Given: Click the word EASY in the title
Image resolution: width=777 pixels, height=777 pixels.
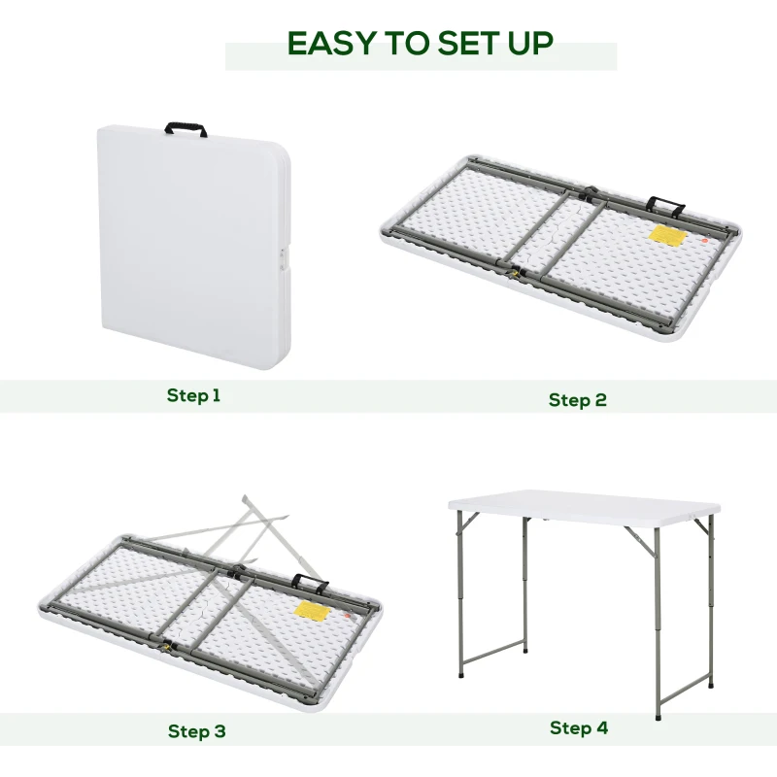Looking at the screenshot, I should click(x=331, y=44).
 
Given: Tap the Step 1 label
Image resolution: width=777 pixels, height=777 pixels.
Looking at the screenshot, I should click(x=193, y=395).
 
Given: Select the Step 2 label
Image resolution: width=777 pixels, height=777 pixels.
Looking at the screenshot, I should click(x=577, y=400).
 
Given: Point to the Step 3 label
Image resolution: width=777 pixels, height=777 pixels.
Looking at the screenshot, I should click(x=196, y=731).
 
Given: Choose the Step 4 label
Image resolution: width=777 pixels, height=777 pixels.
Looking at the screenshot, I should click(x=578, y=727).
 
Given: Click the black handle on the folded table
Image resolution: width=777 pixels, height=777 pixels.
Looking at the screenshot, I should click(x=186, y=128).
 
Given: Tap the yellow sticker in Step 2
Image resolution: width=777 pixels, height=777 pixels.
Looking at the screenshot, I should click(x=664, y=236).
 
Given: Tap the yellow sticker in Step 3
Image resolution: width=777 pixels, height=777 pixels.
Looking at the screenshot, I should click(x=309, y=610).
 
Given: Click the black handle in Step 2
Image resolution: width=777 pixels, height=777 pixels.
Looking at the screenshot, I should click(x=666, y=206).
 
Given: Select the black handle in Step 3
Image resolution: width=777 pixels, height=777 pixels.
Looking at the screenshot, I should click(x=311, y=584).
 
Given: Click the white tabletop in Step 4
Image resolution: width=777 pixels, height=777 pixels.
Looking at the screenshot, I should click(x=583, y=503).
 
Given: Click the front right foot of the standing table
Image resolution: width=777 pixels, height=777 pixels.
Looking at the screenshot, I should click(x=658, y=718).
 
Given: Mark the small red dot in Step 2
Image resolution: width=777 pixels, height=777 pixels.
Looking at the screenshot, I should click(x=703, y=238).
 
